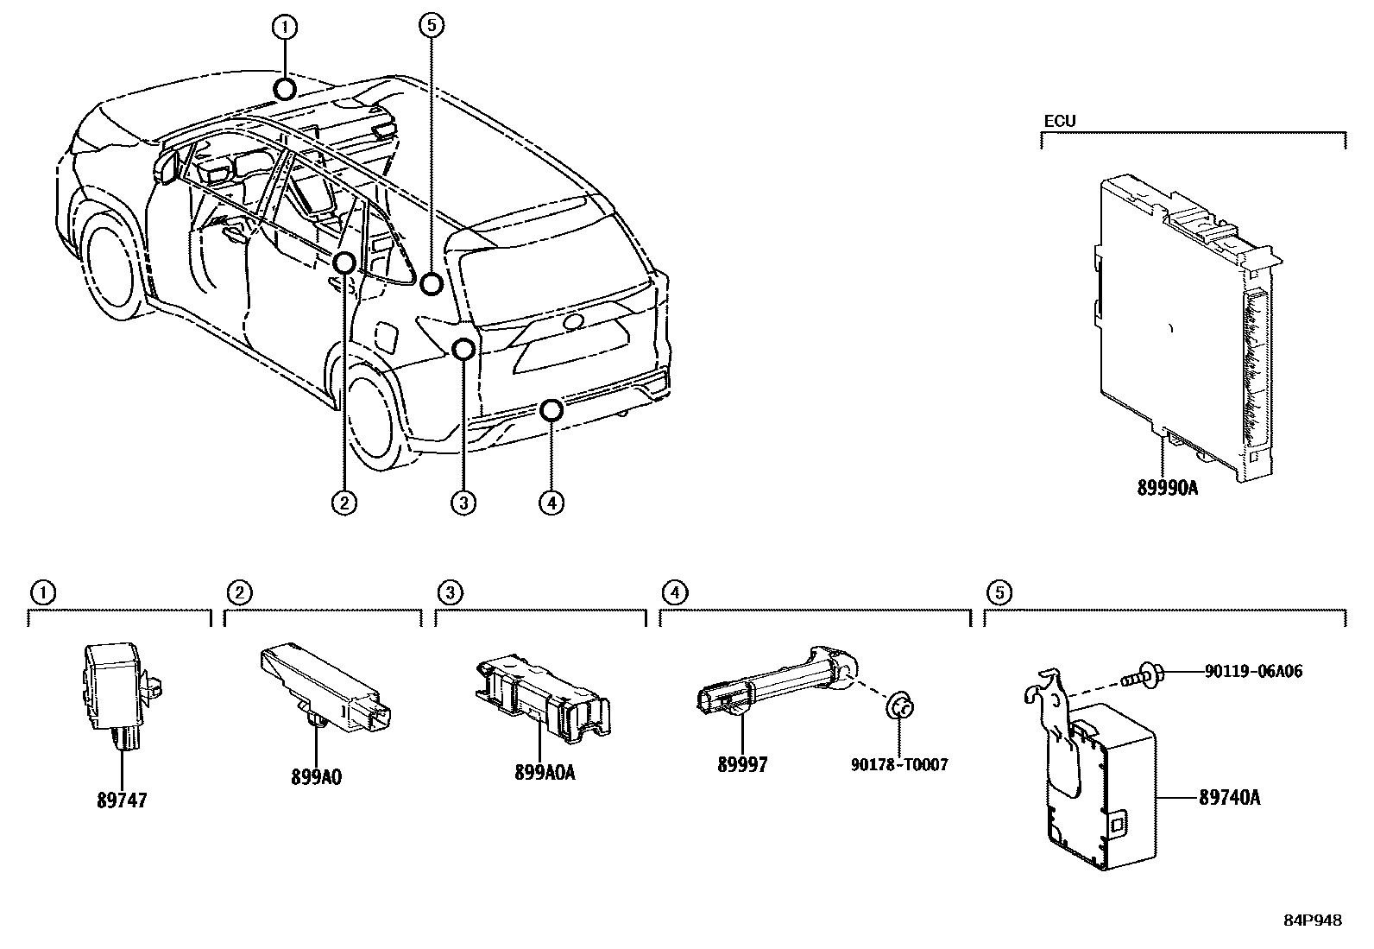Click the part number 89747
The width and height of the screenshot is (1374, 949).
122,800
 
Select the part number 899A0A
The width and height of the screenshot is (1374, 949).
545,772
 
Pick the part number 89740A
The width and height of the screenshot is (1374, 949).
1229,797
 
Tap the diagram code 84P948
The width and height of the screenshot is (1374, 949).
1313,921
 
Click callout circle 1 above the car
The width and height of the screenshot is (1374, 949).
285,28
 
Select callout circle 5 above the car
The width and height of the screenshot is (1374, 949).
432,26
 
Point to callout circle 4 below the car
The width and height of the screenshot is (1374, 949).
551,501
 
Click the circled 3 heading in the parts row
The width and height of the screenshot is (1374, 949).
450,592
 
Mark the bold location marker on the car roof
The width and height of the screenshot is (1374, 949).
284,89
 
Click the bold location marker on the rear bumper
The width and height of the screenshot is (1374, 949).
551,409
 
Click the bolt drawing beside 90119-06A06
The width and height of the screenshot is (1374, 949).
1140,674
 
